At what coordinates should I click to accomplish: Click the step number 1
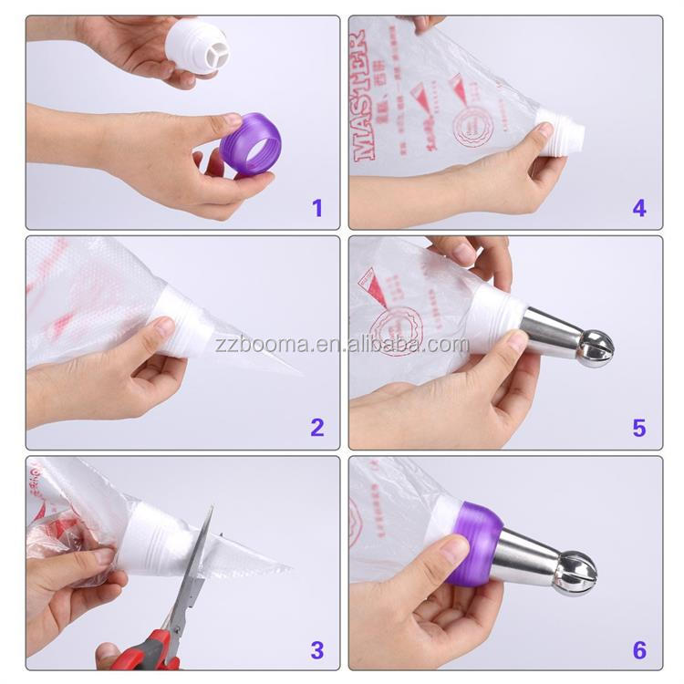(316, 208)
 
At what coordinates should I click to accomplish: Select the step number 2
(316, 427)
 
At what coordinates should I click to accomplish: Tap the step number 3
(316, 650)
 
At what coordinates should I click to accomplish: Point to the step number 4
(639, 208)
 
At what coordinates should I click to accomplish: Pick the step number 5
(639, 427)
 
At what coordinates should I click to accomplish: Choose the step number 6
(639, 650)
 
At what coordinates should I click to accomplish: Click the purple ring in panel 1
(250, 144)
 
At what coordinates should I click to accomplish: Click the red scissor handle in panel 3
(150, 649)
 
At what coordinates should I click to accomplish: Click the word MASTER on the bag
(362, 95)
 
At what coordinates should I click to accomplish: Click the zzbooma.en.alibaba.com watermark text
(342, 345)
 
